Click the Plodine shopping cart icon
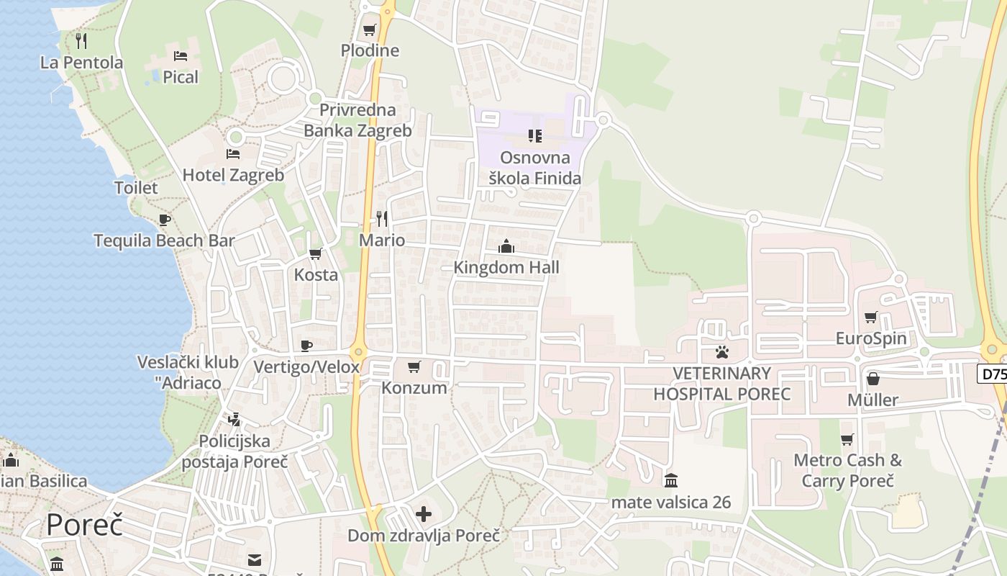[x=369, y=30]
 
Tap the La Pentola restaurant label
[x=81, y=63]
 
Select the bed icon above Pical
[x=181, y=55]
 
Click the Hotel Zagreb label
[x=233, y=175]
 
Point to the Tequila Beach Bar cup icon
[x=165, y=220]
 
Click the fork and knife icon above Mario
[x=382, y=218]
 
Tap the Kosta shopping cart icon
[x=315, y=253]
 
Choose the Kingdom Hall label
[x=506, y=267]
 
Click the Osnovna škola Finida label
[x=534, y=168]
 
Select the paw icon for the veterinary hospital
[x=721, y=352]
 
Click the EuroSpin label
[x=871, y=338]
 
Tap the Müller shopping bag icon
[x=872, y=378]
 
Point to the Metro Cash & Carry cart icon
[x=847, y=439]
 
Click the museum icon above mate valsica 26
[x=671, y=480]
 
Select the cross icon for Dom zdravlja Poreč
[x=424, y=514]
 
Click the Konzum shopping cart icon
[x=414, y=367]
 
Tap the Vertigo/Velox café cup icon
[x=306, y=346]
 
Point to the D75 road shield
[x=993, y=374]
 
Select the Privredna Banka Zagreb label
[x=357, y=120]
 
